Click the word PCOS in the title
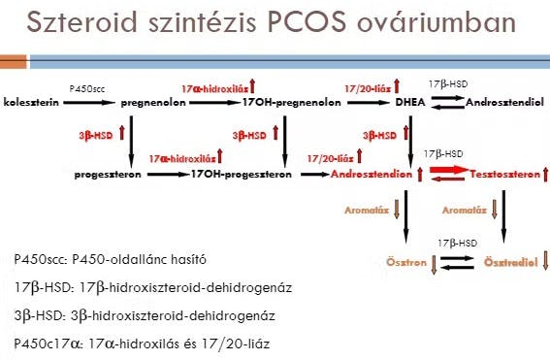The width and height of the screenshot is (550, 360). point(307,22)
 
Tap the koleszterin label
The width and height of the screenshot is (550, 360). point(31,103)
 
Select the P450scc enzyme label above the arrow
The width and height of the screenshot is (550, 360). point(87,88)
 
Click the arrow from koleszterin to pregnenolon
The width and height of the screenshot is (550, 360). point(89,103)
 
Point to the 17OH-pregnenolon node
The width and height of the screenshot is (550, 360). point(291,103)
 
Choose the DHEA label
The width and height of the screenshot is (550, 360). point(410,102)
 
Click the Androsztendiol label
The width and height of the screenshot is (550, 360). point(504,103)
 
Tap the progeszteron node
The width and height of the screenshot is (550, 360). point(108,175)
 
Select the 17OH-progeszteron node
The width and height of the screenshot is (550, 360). point(242,175)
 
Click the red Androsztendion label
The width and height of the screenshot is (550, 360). point(372,174)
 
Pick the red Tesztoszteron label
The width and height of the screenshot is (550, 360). point(505,174)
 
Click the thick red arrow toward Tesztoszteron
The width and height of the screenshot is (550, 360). point(449,170)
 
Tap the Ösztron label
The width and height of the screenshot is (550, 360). point(406,262)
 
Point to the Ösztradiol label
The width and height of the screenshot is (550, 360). point(510,262)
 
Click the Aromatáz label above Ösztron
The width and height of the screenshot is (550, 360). point(367,211)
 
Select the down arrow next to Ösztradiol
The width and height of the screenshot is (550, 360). point(545,260)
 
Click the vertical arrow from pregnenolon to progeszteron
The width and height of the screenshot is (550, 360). point(131,142)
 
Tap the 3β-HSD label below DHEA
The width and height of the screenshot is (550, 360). point(380,136)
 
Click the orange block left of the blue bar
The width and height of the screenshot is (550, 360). point(13,62)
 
